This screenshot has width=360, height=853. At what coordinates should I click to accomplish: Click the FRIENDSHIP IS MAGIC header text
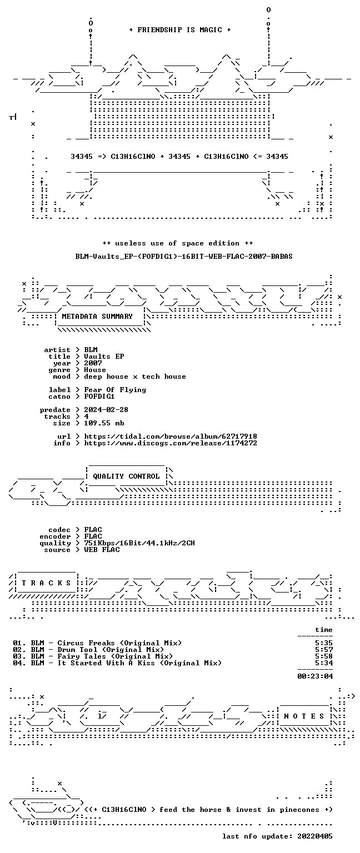click(x=180, y=29)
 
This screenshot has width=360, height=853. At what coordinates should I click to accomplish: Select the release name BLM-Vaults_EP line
click(x=184, y=256)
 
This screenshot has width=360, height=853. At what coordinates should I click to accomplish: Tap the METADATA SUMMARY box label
click(x=97, y=317)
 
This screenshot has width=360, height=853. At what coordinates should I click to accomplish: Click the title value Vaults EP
click(x=104, y=357)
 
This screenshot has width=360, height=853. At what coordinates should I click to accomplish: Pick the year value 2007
click(x=93, y=363)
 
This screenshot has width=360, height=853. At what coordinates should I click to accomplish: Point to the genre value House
click(x=95, y=370)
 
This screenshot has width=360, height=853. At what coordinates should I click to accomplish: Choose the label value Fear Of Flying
click(x=115, y=390)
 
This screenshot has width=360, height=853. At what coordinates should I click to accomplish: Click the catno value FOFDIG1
click(x=99, y=397)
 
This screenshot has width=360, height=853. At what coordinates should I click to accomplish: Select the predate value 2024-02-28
click(x=106, y=410)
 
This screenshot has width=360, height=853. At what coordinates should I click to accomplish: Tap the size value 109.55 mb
click(x=104, y=423)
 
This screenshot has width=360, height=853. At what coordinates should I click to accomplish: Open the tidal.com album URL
click(x=171, y=436)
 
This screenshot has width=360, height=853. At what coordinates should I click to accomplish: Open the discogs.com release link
click(x=171, y=443)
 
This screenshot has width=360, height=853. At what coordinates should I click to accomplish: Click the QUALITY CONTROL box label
click(x=127, y=476)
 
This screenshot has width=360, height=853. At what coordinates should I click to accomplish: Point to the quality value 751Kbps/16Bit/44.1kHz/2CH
click(x=139, y=543)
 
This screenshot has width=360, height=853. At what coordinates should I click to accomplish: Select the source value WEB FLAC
click(x=102, y=549)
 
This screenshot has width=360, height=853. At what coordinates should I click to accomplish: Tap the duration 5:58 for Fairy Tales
click(x=324, y=656)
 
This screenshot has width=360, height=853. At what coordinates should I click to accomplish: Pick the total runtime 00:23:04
click(x=315, y=676)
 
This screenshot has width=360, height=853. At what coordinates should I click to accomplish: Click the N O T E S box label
click(x=304, y=716)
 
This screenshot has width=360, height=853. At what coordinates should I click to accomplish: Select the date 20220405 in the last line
click(x=315, y=836)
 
